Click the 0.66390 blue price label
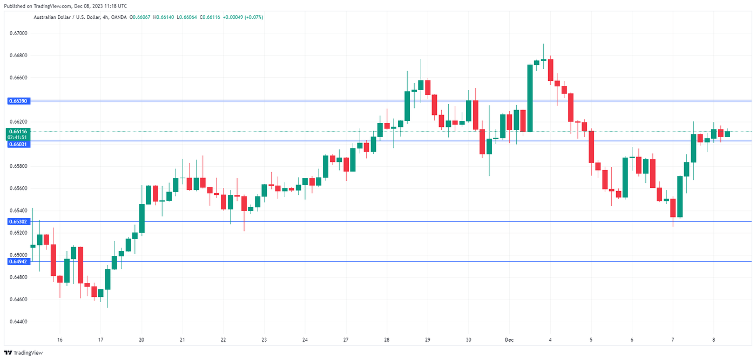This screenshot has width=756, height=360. click(x=19, y=101)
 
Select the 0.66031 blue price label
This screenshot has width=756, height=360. click(x=19, y=144)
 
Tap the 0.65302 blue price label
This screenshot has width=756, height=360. click(x=19, y=221)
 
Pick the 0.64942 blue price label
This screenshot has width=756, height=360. click(x=19, y=261)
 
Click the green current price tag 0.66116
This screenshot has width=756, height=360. click(x=19, y=131)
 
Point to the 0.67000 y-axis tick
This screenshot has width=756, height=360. click(x=19, y=33)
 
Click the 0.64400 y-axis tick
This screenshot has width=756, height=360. click(x=19, y=322)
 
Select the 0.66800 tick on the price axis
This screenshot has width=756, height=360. click(x=19, y=56)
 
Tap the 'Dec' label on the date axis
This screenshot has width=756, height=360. click(x=509, y=340)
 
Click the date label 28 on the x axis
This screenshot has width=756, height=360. click(x=387, y=340)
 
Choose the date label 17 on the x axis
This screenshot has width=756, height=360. click(x=100, y=340)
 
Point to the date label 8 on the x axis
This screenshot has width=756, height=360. click(x=714, y=340)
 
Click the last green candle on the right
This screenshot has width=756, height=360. click(x=727, y=134)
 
